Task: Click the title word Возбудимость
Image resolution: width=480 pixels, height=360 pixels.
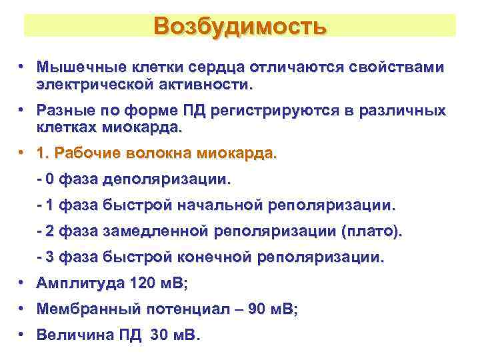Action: coord(239,26)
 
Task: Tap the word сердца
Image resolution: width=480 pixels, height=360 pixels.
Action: coord(216,67)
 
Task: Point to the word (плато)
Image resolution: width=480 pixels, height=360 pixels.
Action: coord(371,231)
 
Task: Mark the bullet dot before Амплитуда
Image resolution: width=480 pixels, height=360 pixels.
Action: coord(22,282)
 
